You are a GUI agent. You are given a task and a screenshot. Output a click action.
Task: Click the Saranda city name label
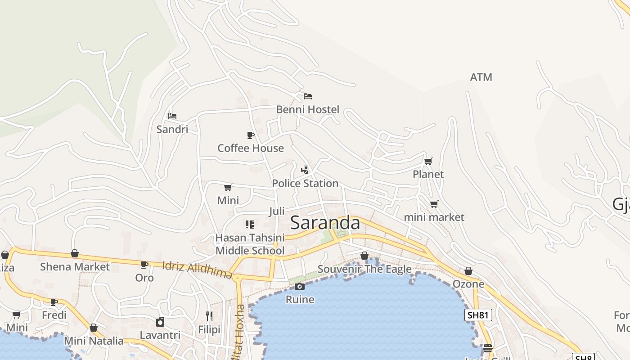[325, 223]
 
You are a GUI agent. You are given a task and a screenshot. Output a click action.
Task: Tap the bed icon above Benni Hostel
[308, 96]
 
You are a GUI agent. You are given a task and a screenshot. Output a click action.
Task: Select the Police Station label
[305, 183]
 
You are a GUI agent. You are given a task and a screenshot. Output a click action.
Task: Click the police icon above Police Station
[305, 170]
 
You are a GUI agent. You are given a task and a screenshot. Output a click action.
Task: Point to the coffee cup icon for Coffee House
[251, 135]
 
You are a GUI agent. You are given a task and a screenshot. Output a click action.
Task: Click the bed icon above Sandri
[172, 116]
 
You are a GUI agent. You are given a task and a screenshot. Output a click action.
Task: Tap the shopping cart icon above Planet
[428, 161]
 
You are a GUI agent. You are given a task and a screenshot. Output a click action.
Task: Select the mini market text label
[434, 217]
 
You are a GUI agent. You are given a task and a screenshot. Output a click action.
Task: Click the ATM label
[481, 77]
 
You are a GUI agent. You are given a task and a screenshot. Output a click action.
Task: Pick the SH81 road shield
[478, 315]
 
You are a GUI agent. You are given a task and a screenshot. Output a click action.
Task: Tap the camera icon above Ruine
[300, 286]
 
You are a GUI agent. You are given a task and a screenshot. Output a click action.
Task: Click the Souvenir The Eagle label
[364, 269]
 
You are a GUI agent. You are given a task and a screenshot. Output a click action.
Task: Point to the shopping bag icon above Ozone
[468, 271]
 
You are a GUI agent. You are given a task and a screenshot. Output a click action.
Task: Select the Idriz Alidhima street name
[197, 270]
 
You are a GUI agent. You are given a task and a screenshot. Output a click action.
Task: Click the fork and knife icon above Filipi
[209, 316]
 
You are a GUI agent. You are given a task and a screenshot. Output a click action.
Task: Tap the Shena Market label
[75, 266]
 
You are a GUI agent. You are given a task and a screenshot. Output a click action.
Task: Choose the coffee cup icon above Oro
[144, 265]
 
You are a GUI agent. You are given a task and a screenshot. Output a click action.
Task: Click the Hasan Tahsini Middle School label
[250, 244]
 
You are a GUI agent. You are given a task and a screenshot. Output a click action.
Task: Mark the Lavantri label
[160, 335]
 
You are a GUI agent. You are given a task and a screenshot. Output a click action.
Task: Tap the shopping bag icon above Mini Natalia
[94, 328]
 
